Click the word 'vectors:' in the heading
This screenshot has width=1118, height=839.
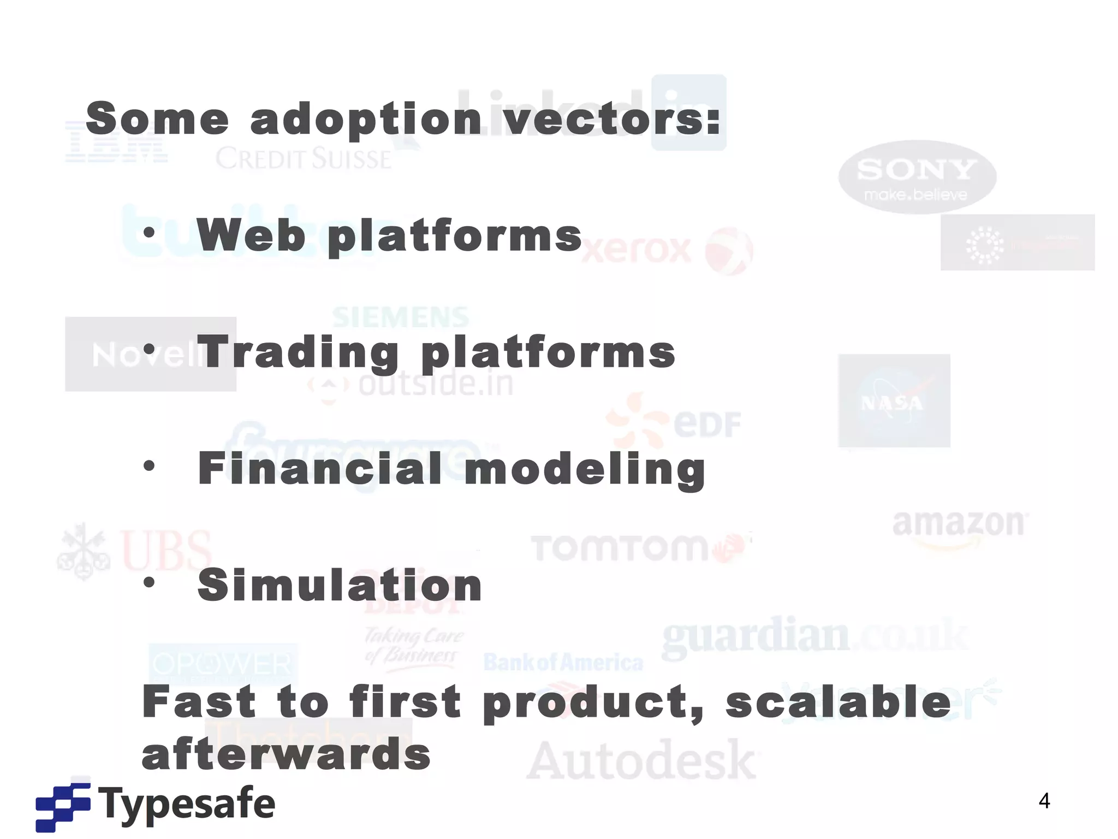tap(611, 119)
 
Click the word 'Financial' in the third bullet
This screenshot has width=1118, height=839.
tap(320, 469)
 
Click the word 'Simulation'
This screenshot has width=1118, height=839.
tap(340, 585)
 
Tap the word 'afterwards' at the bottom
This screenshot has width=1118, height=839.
tap(286, 754)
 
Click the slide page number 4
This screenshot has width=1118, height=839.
tap(1044, 801)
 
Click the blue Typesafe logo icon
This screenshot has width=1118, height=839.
tap(63, 807)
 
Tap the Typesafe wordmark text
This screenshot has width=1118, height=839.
tap(187, 804)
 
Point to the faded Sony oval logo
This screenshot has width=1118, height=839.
tap(917, 176)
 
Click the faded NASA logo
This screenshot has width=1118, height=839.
tap(894, 400)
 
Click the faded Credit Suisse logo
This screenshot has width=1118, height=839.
tap(304, 159)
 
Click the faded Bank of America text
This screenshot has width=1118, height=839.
tap(563, 663)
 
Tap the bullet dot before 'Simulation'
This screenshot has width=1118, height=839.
tap(149, 582)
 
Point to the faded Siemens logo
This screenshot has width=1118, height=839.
tap(401, 317)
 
